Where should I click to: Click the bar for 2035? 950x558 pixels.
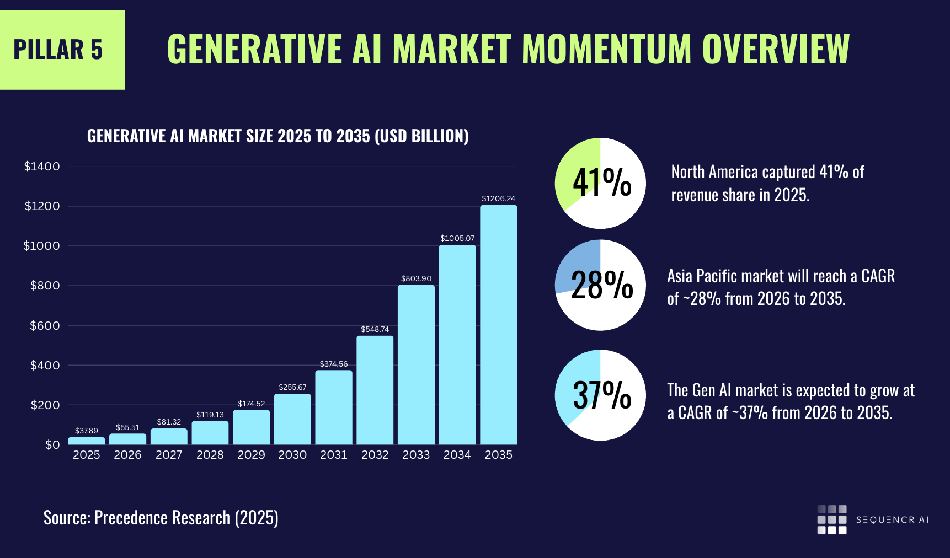[498, 325]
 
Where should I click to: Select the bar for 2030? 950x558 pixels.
[292, 419]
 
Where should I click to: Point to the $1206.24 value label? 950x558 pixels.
[498, 198]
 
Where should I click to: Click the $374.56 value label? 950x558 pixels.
[334, 364]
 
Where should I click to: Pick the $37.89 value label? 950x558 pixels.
[87, 431]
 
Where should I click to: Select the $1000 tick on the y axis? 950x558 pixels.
[41, 246]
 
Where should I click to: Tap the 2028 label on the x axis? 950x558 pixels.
[210, 455]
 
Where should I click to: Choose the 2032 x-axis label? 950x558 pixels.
[375, 455]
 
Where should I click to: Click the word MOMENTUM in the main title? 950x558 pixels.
[606, 49]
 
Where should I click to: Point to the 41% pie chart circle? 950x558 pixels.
[600, 183]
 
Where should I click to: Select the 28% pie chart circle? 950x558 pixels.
[600, 285]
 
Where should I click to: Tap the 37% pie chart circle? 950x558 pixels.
[600, 395]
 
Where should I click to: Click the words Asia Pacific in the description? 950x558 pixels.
[697, 276]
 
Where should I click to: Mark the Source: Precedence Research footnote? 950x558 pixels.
[161, 518]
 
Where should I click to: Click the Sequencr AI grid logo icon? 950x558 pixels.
[831, 519]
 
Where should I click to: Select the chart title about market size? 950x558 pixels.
[277, 136]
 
